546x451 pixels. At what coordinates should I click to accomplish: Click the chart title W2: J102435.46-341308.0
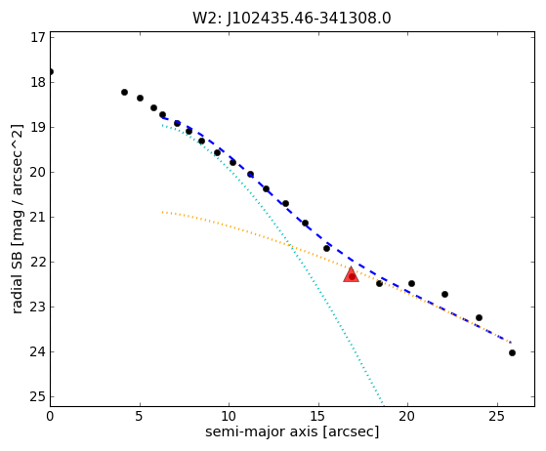click(x=292, y=18)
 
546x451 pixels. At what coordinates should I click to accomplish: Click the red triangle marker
click(x=351, y=274)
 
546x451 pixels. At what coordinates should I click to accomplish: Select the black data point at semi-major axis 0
click(x=51, y=71)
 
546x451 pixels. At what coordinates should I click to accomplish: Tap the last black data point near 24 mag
click(x=512, y=352)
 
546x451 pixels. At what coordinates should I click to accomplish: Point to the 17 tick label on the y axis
click(x=38, y=37)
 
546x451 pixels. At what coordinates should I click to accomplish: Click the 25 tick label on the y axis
click(x=38, y=396)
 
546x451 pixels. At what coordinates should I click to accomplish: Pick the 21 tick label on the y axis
click(x=38, y=217)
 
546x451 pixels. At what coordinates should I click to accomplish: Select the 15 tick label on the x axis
click(x=318, y=416)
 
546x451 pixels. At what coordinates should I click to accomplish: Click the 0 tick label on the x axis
click(x=50, y=416)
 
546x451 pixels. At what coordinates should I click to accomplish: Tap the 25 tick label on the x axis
click(x=497, y=416)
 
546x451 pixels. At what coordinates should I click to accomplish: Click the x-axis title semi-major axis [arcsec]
click(x=292, y=432)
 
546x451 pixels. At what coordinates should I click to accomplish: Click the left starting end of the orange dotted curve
click(x=162, y=212)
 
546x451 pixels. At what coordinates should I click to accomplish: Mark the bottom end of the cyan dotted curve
click(x=384, y=405)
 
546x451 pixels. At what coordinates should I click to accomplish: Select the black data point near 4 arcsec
click(x=124, y=92)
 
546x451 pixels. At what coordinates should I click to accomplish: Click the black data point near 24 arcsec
click(x=479, y=317)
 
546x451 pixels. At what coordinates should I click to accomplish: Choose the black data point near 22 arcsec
click(x=444, y=295)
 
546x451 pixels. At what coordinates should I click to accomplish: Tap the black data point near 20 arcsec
click(x=411, y=284)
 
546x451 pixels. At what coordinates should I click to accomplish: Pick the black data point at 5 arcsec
click(x=140, y=99)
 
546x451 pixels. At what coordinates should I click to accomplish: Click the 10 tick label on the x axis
click(x=229, y=416)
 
